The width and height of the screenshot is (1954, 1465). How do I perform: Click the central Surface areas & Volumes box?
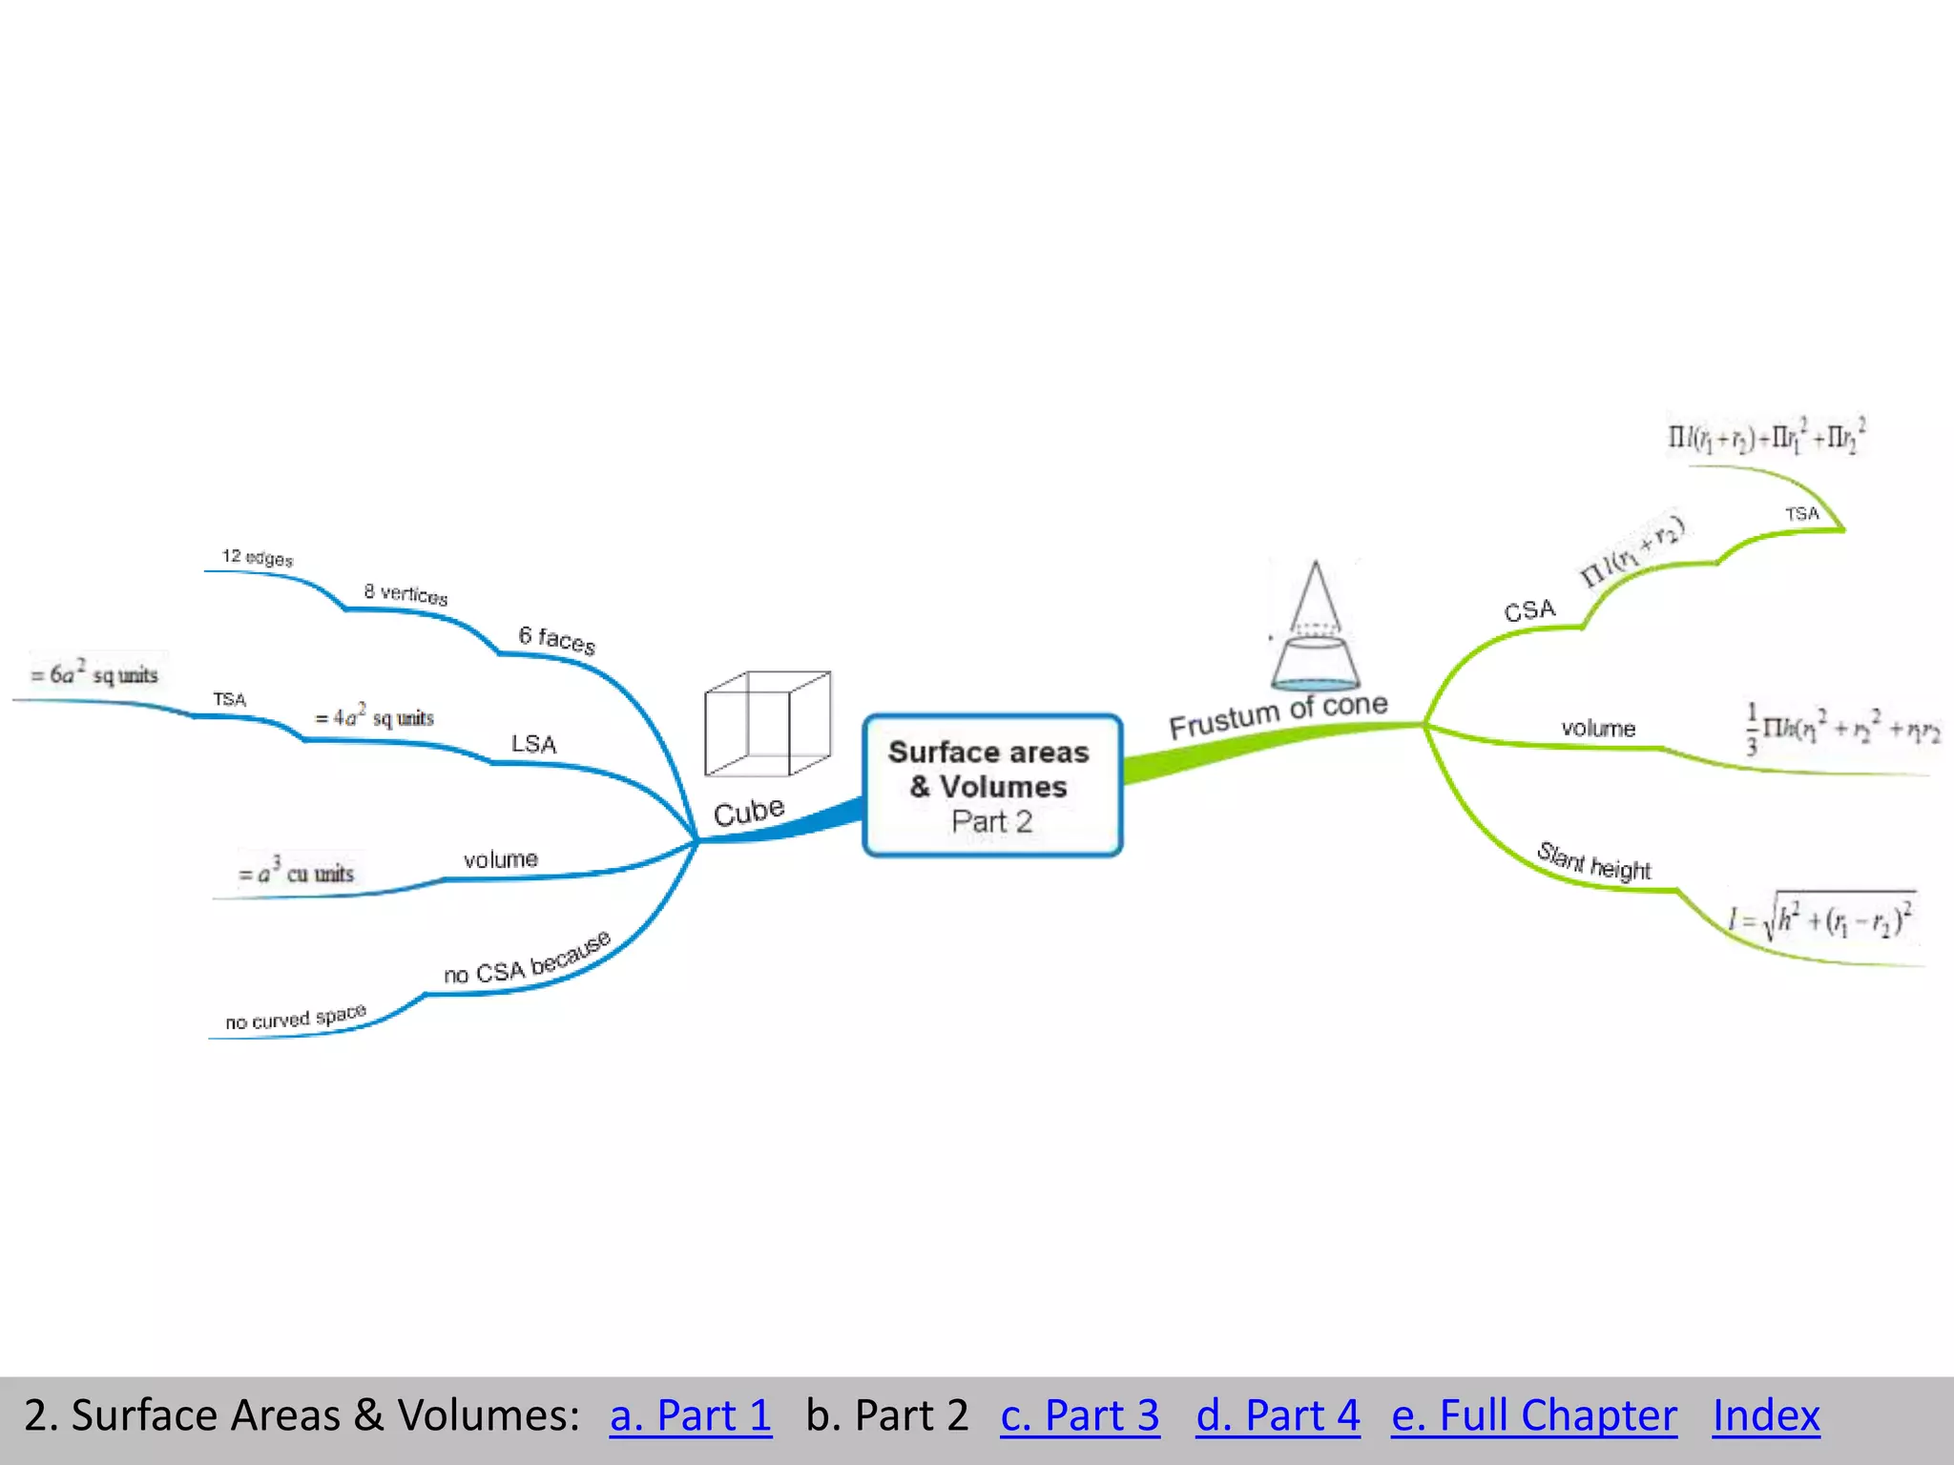992,785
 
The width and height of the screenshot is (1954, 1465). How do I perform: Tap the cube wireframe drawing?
767,723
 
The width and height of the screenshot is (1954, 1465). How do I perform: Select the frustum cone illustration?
1315,628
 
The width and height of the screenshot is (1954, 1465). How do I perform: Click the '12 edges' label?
258,557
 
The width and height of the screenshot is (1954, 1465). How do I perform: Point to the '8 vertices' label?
405,593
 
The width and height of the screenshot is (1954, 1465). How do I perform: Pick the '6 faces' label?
557,639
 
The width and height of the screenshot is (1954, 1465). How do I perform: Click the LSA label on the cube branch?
533,744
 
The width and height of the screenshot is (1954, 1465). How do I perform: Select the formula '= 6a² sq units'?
94,673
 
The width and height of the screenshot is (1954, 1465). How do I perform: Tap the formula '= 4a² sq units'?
375,716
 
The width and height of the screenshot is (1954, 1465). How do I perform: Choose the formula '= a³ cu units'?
297,872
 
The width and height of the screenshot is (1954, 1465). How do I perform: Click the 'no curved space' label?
296,1018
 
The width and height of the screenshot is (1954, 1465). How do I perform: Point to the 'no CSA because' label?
527,959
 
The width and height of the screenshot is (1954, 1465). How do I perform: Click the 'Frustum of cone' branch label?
1278,715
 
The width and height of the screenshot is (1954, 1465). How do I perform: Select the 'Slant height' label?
1594,861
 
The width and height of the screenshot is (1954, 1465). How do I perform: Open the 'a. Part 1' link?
691,1415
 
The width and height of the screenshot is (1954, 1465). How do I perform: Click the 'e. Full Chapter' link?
1534,1415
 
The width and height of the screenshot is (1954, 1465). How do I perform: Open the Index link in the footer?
1766,1415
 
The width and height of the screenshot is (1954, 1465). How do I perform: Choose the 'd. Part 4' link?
1278,1415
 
